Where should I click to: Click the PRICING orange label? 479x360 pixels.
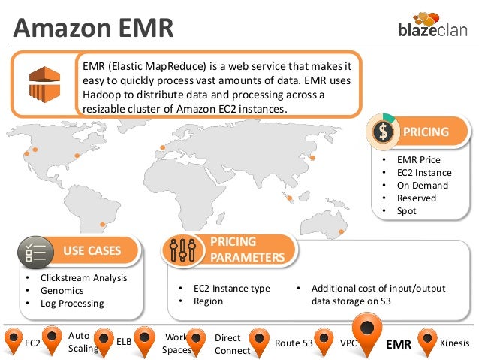coord(426,132)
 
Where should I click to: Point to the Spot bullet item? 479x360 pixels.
coord(407,211)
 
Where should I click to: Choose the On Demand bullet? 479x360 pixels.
coord(423,186)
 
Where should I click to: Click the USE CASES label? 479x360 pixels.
coord(92,250)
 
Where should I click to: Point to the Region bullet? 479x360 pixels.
coord(208,301)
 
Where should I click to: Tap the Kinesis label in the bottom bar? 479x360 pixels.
coord(455,343)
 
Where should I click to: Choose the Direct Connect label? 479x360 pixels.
coord(227,344)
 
